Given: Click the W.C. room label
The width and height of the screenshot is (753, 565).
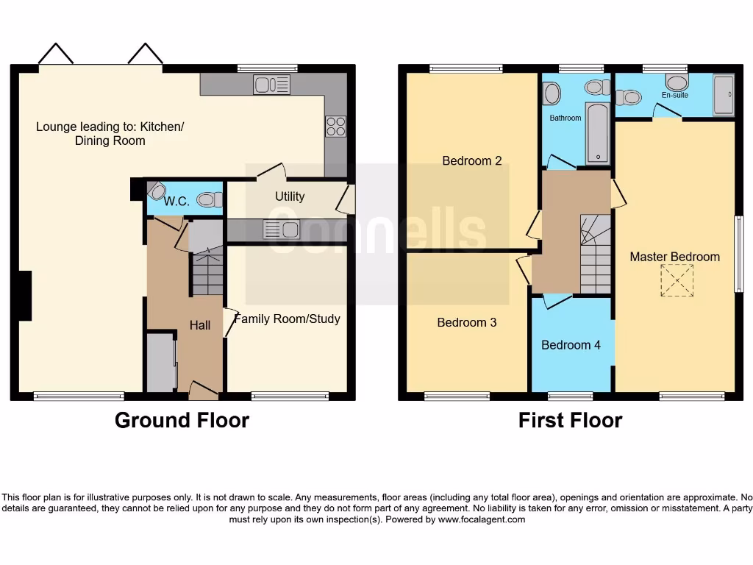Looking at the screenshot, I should point(177,200).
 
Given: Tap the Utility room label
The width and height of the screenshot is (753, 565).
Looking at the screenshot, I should point(290,196).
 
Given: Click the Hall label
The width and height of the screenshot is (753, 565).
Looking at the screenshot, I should point(200,325).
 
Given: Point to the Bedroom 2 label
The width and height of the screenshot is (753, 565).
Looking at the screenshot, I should point(472,160).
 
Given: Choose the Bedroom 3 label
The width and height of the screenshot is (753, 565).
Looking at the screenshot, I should point(467,322).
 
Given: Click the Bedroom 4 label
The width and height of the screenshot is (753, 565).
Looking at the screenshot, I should point(571,344).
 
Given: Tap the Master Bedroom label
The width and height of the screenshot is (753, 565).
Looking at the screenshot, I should point(674,257).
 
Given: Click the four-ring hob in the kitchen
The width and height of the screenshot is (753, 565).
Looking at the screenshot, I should point(336,127).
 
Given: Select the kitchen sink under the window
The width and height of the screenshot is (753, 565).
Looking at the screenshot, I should point(272,85).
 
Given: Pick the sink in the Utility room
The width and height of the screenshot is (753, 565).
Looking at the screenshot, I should point(282,230).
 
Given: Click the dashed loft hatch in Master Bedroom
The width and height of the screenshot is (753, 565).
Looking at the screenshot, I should point(677,280).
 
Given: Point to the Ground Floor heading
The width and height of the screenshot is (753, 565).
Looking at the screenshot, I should point(182,420).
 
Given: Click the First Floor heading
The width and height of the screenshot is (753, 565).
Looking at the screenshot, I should point(570,420).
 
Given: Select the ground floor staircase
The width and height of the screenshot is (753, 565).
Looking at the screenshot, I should point(207,269).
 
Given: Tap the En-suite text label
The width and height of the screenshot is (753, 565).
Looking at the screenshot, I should point(674,96).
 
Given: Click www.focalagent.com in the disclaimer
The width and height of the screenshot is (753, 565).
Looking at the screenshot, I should point(482,519).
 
